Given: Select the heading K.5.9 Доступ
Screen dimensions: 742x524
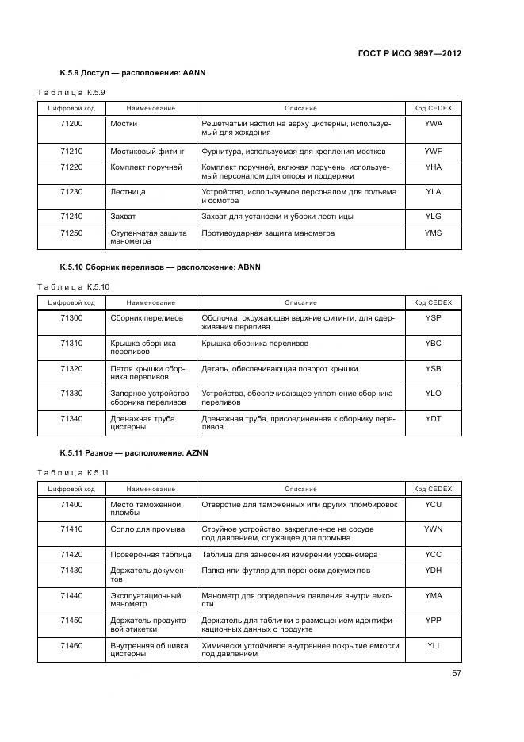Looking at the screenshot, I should point(132,73).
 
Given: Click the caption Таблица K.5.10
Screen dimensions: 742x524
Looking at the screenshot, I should point(74,286).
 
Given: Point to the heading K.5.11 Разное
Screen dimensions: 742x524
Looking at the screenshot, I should point(134,452).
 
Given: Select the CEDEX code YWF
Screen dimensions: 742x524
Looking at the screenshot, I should point(433,151).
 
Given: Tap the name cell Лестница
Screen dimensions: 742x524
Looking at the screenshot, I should point(128,192).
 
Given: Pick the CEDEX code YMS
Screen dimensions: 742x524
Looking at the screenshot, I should point(433,233).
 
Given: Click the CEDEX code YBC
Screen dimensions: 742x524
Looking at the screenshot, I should point(433,344).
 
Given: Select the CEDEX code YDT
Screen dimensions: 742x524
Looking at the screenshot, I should point(433,418).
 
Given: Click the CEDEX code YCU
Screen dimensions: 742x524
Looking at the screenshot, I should point(433,504).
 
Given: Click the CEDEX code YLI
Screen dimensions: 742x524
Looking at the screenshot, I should point(433,646).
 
